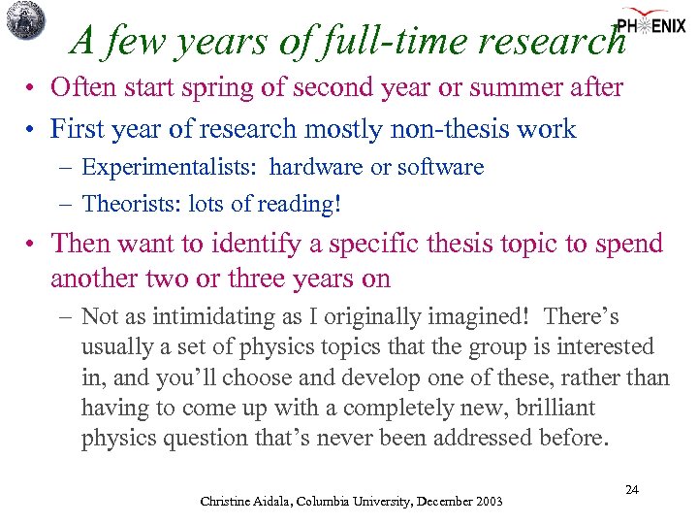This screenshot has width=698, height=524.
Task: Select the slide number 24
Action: click(631, 490)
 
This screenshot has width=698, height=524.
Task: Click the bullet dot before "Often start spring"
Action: click(32, 88)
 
